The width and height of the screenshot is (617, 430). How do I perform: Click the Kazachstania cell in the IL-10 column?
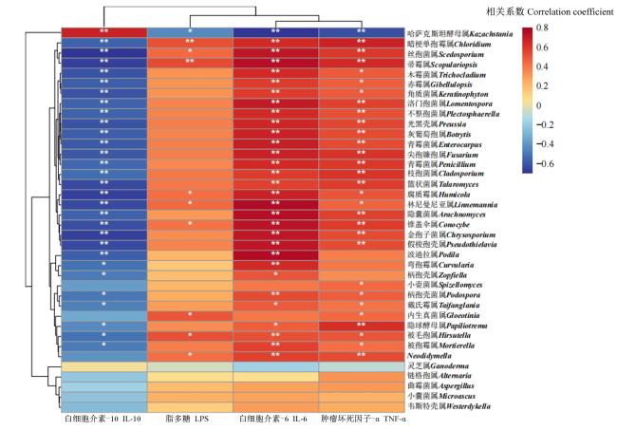point(103,32)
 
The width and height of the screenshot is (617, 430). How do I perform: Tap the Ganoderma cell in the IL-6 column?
point(275,366)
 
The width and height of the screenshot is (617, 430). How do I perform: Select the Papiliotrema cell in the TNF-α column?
point(362,326)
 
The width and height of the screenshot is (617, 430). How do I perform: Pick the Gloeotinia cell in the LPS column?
point(190,315)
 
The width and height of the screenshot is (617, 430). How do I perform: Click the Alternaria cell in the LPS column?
point(190,377)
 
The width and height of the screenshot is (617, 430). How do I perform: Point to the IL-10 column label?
point(103,419)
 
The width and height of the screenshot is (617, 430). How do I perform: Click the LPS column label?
point(187,419)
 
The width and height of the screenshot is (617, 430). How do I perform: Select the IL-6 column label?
point(273,419)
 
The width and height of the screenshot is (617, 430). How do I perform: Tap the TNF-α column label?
point(363,419)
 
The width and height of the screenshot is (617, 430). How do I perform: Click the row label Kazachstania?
point(460,34)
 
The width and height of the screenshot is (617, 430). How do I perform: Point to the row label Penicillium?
point(441,164)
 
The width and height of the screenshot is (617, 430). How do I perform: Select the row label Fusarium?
point(443,155)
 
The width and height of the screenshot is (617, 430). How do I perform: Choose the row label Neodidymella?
point(429,356)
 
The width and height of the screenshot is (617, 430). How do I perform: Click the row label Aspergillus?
point(440,386)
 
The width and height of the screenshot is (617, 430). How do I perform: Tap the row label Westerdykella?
point(449,406)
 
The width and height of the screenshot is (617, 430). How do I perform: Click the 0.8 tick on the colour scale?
point(542,28)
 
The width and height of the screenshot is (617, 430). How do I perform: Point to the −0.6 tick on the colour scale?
point(545,163)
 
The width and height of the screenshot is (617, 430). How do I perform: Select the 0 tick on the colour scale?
point(539,105)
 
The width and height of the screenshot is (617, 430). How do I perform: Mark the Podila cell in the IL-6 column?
point(275,254)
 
